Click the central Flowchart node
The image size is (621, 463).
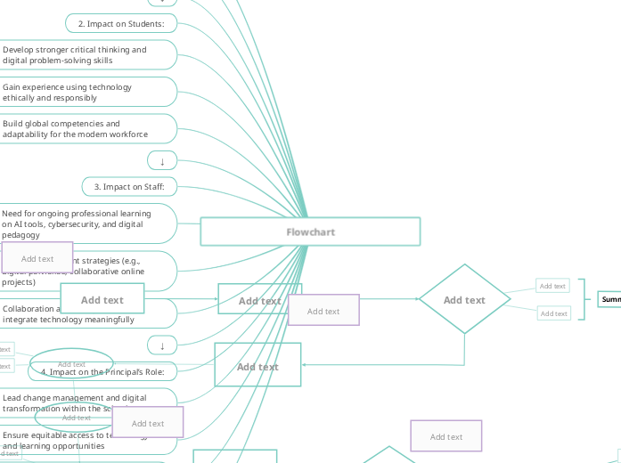click(310, 231)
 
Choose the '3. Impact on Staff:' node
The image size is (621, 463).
click(129, 187)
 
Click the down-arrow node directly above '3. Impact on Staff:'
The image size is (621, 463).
click(162, 161)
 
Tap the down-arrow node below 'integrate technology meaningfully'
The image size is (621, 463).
click(162, 345)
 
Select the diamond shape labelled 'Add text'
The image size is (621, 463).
click(464, 300)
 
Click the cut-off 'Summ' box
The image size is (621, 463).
click(609, 299)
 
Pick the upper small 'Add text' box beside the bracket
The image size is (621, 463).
click(552, 286)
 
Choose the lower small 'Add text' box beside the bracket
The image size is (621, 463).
click(553, 313)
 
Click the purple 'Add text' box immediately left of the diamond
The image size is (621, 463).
click(323, 311)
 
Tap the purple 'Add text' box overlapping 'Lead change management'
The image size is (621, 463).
click(148, 423)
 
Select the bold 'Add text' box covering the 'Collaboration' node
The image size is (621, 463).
click(102, 300)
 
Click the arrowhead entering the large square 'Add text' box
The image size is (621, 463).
click(305, 364)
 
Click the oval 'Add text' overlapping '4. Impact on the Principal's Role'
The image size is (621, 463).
click(71, 363)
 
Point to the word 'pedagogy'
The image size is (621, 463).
click(20, 235)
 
